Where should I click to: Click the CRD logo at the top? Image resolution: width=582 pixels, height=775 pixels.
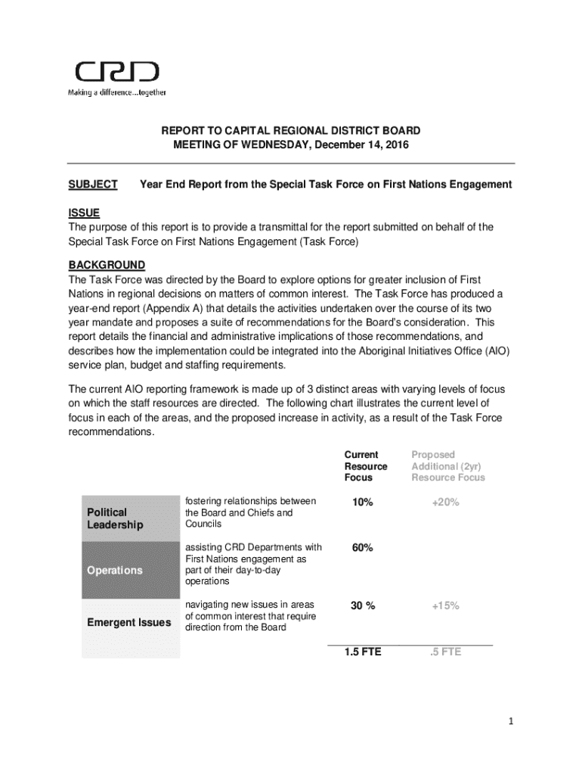(x=116, y=72)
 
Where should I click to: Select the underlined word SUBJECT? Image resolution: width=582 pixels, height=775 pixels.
(x=93, y=185)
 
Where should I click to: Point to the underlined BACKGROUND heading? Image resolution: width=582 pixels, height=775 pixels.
(x=107, y=265)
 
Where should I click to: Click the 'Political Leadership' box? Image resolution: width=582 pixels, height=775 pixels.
(x=130, y=518)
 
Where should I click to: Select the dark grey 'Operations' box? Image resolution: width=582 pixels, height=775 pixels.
(x=130, y=571)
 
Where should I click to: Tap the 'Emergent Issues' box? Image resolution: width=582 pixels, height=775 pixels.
(x=130, y=623)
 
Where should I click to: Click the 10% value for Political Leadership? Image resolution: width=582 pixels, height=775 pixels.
(x=361, y=502)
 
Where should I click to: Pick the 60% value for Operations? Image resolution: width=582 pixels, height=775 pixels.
(x=361, y=548)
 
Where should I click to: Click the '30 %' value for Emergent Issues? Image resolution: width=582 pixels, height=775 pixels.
(x=363, y=605)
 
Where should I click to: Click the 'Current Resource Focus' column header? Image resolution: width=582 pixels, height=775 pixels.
(x=366, y=466)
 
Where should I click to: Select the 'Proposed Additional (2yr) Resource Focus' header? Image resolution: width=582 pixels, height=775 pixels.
(x=448, y=466)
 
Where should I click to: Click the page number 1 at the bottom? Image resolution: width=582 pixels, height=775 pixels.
(x=511, y=721)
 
